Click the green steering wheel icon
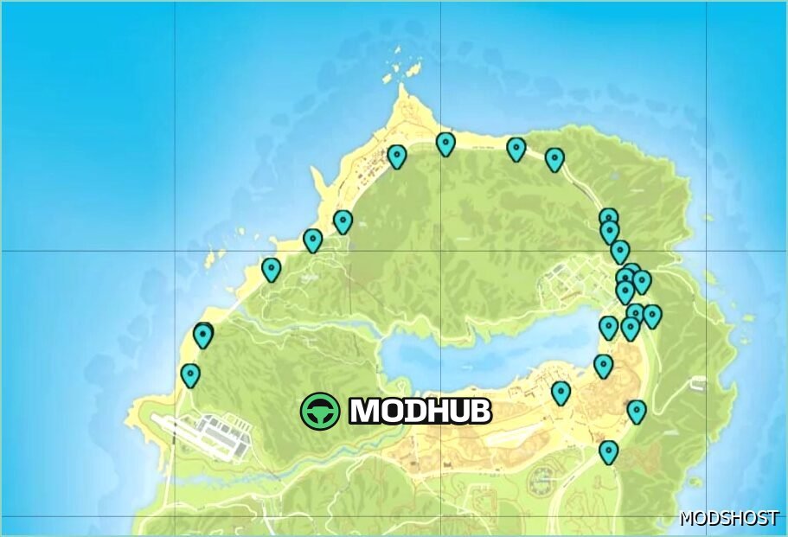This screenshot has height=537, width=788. (320, 411)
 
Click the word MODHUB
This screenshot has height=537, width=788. (420, 412)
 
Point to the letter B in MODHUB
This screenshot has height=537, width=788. (479, 412)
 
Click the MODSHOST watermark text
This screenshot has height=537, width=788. (729, 518)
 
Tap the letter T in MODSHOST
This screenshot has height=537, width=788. (772, 518)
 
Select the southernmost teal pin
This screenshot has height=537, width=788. (609, 451)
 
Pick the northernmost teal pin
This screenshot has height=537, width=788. (445, 143)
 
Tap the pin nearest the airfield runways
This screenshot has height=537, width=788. (190, 374)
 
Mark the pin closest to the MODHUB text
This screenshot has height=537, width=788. (561, 393)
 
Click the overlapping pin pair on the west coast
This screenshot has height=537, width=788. (203, 334)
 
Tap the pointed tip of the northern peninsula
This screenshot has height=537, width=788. (402, 86)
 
